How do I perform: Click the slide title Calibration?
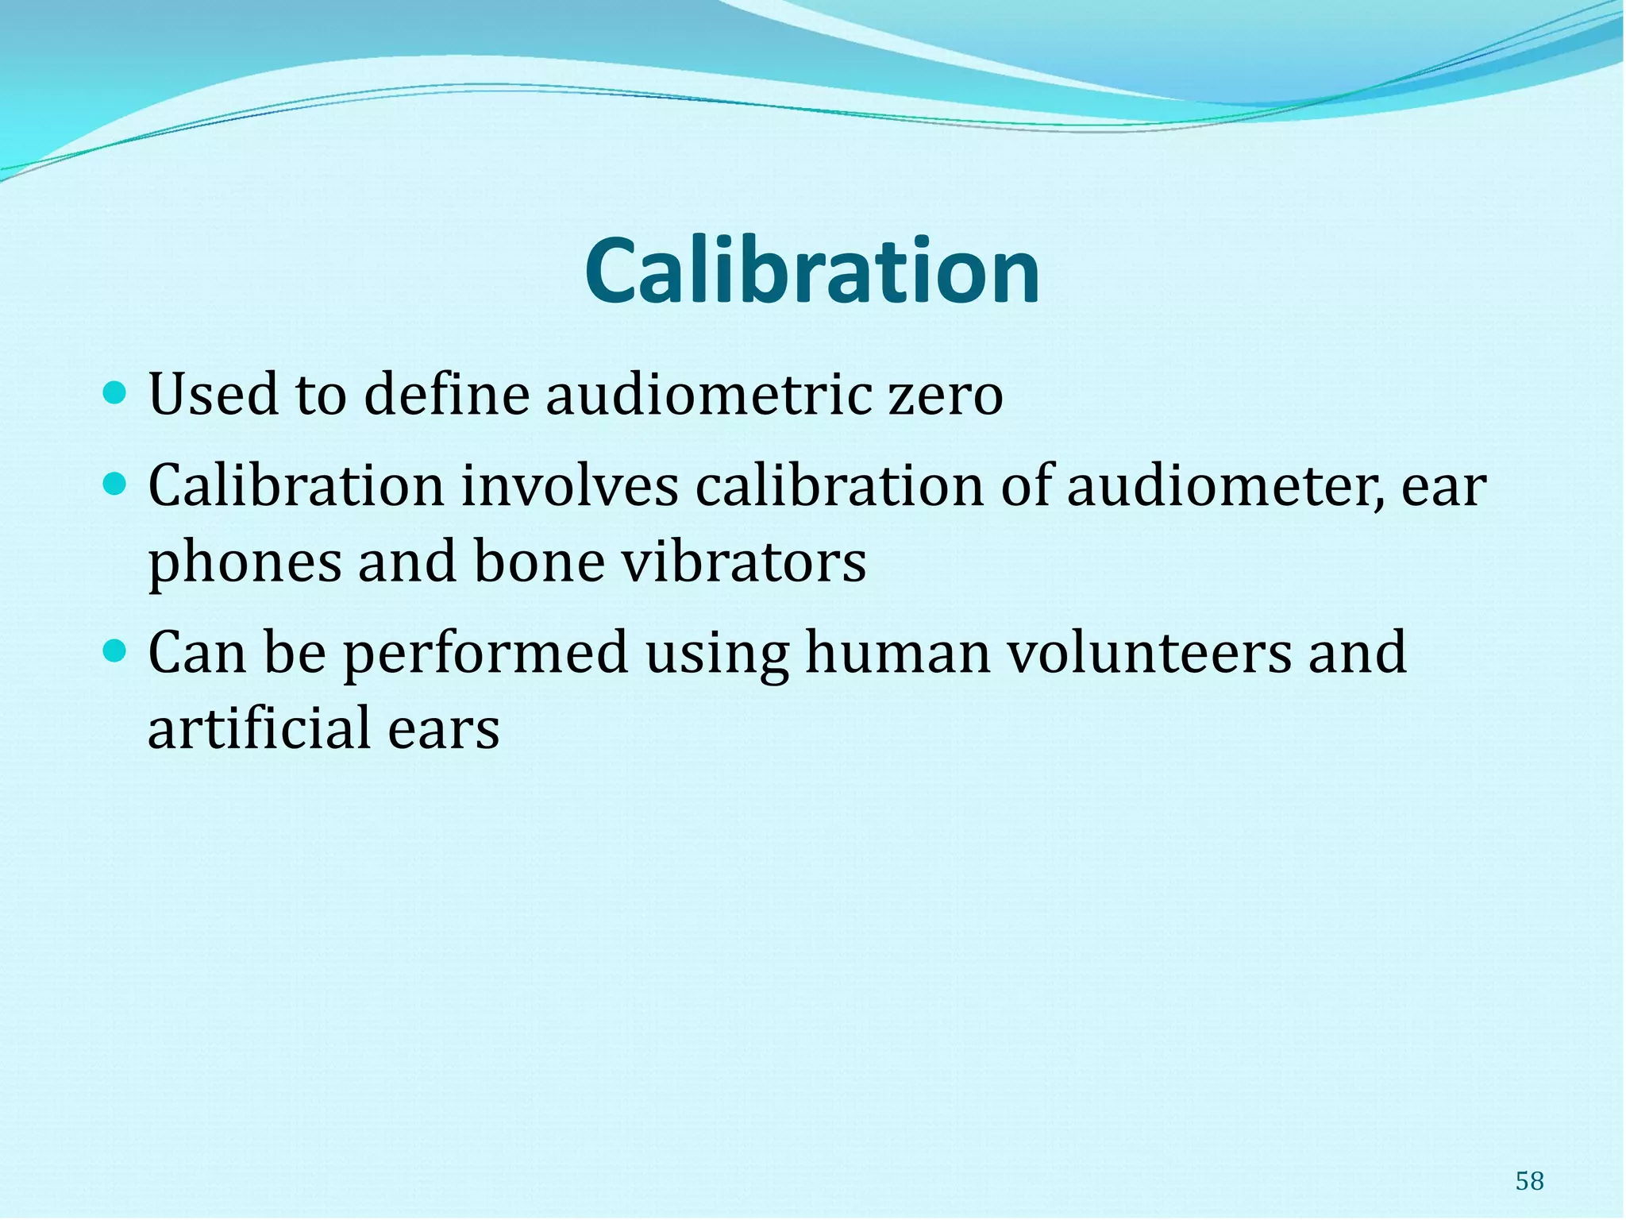pyautogui.click(x=811, y=272)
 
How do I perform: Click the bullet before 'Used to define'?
pyautogui.click(x=115, y=392)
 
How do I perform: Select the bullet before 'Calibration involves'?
pyautogui.click(x=115, y=484)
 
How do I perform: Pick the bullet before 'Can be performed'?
pyautogui.click(x=115, y=651)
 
